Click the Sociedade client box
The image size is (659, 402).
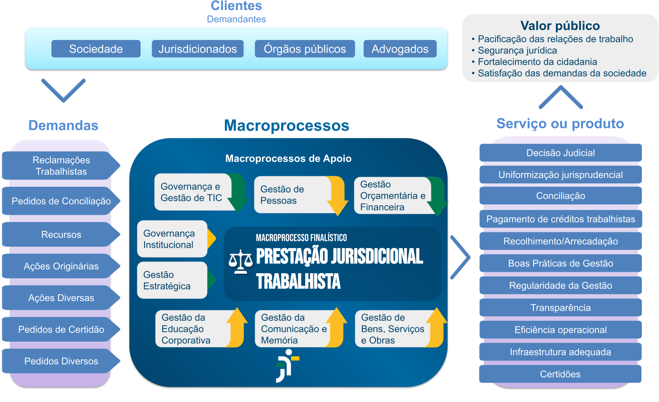[96, 49]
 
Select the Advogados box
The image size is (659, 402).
[400, 49]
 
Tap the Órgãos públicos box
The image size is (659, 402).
[305, 49]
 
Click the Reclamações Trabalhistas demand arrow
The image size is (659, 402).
[61, 165]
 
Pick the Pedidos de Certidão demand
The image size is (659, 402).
[61, 329]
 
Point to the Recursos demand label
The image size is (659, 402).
[61, 235]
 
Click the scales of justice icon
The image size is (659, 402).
[241, 261]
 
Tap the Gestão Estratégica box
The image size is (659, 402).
[172, 280]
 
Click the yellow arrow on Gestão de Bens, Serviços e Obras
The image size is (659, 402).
[435, 328]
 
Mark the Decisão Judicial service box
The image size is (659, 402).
[560, 153]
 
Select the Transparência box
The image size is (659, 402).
[560, 308]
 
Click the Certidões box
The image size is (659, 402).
[560, 374]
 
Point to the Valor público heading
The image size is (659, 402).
[560, 26]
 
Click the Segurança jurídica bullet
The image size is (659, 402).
[517, 50]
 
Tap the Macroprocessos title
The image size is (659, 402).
[286, 125]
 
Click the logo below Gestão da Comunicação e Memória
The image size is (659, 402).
[287, 365]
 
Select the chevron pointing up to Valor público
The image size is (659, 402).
[561, 97]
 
